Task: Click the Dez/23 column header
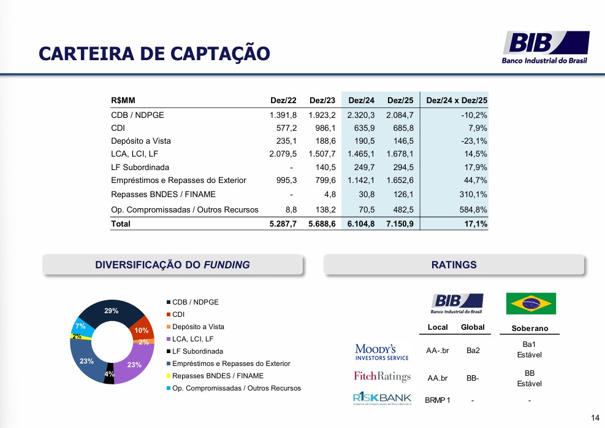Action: [322, 101]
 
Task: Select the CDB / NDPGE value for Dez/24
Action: [361, 115]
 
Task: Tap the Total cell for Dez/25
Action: [400, 224]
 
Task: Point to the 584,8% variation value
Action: [473, 210]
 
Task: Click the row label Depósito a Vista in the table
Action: [141, 141]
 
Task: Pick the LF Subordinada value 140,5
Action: [325, 168]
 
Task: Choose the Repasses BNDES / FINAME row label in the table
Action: [163, 195]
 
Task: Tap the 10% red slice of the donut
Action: [143, 329]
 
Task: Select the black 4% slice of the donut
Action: [109, 374]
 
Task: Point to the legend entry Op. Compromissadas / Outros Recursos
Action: [234, 388]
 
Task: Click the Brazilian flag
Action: [531, 303]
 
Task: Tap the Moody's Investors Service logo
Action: [382, 352]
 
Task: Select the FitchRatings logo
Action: [382, 376]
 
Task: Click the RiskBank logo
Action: [382, 399]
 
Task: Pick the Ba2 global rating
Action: [473, 351]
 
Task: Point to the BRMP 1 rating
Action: [438, 400]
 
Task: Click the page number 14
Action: [595, 418]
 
